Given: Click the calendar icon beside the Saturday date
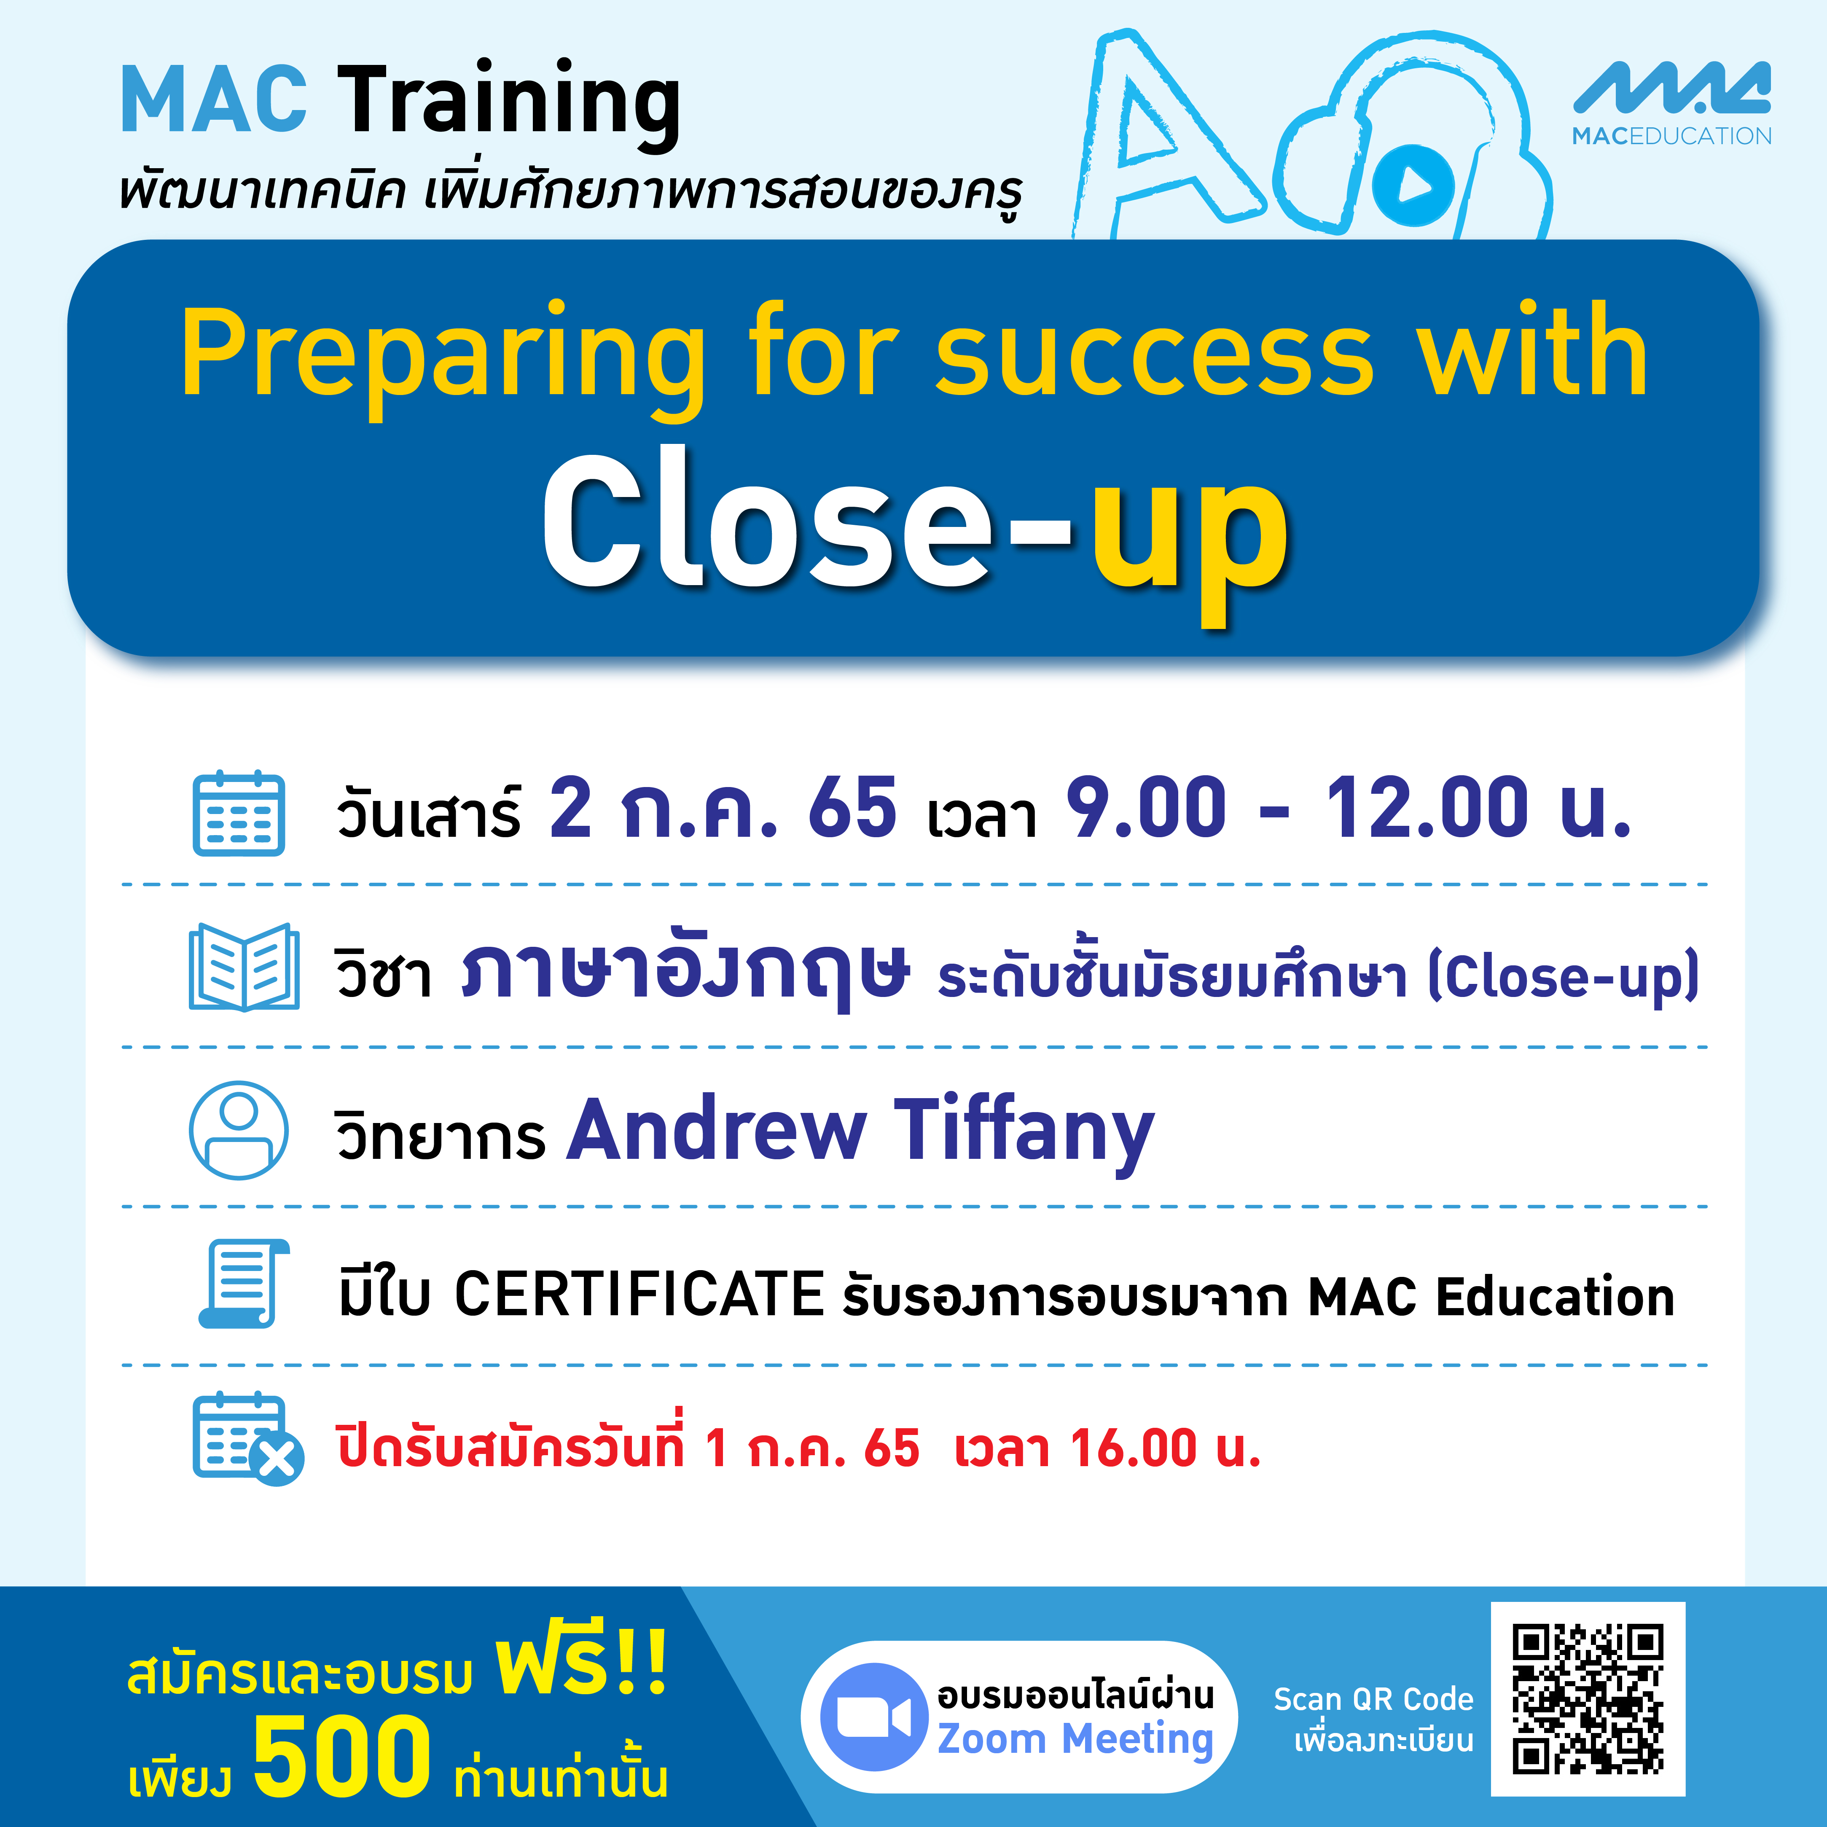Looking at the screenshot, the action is point(238,813).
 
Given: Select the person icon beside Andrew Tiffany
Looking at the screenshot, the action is point(238,1130).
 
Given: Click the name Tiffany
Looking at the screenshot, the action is point(1024,1132).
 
